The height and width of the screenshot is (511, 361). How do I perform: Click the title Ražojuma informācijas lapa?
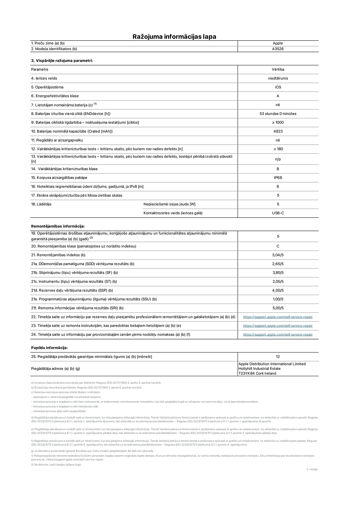(x=174, y=36)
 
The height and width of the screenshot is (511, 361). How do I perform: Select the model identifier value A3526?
(x=278, y=49)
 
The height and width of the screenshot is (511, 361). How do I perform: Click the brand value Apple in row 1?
(x=278, y=43)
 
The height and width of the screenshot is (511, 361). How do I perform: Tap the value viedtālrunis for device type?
(x=278, y=78)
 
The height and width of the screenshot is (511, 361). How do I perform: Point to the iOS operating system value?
(x=278, y=87)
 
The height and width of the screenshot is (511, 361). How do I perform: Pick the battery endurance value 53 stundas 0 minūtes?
(x=278, y=114)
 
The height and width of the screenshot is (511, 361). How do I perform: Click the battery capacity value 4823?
(x=278, y=131)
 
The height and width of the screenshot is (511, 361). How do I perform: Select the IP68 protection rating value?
(x=278, y=178)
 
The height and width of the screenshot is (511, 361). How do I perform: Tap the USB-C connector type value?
(x=278, y=213)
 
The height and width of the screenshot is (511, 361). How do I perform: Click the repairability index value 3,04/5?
(x=278, y=255)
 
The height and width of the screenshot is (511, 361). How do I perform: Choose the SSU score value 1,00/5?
(x=278, y=299)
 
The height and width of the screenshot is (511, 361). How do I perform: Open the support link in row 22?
(x=278, y=317)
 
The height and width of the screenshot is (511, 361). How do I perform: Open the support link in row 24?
(x=278, y=335)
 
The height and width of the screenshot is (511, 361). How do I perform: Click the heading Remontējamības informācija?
(x=58, y=226)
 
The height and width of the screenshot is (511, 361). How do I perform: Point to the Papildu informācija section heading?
(x=49, y=348)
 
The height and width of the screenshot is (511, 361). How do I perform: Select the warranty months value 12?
(x=278, y=357)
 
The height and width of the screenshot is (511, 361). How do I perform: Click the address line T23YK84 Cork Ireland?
(x=257, y=373)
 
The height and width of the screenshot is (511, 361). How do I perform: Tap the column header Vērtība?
(x=278, y=70)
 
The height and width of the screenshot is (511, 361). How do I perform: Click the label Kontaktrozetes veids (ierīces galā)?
(x=173, y=213)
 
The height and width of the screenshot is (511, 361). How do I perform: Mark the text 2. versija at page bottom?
(x=312, y=469)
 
